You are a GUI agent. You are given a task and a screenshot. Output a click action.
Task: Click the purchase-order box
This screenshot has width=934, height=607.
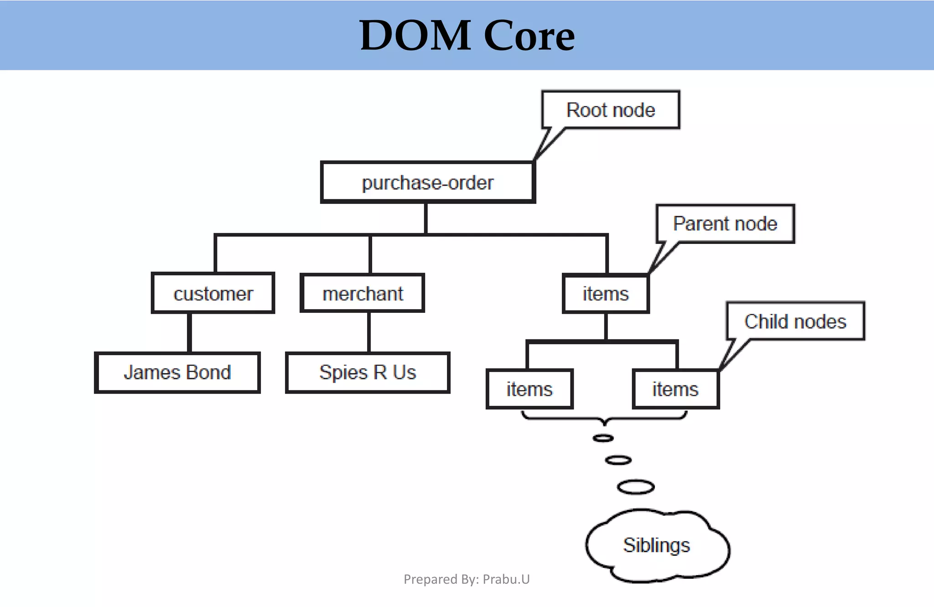(427, 182)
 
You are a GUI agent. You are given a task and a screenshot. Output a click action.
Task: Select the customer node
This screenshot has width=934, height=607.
(213, 293)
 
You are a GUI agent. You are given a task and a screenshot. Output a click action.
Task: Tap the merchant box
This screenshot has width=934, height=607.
(363, 293)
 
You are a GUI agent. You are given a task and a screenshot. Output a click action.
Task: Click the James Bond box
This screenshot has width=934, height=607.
(177, 372)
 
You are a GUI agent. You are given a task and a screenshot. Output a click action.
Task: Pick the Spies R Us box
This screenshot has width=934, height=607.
(368, 372)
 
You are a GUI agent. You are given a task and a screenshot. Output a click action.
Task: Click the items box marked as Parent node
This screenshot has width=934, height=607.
(606, 294)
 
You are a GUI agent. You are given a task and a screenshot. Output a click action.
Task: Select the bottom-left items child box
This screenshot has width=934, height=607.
(529, 389)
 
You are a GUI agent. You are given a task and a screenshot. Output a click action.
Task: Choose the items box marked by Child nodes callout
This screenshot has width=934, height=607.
(675, 389)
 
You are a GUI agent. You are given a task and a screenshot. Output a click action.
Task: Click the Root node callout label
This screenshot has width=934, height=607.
(611, 110)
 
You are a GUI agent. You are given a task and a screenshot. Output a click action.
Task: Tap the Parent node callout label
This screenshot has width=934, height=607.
(725, 223)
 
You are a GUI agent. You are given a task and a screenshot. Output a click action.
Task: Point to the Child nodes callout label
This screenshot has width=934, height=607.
(795, 321)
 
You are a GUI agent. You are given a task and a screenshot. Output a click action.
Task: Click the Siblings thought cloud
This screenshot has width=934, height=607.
(657, 545)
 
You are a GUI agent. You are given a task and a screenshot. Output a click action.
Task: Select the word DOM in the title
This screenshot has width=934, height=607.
(415, 36)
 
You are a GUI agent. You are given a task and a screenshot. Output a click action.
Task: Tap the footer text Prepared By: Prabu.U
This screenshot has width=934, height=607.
(467, 579)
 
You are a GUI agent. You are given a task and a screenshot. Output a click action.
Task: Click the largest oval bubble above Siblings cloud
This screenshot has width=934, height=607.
(636, 487)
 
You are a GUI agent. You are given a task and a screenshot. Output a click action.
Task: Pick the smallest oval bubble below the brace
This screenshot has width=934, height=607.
(603, 438)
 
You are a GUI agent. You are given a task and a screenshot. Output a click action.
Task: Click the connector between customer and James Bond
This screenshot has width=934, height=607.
(189, 332)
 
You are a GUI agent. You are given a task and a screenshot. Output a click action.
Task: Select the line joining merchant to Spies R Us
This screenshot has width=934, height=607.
(368, 332)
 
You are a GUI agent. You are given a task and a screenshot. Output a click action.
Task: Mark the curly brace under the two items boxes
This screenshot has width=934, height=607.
(604, 418)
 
